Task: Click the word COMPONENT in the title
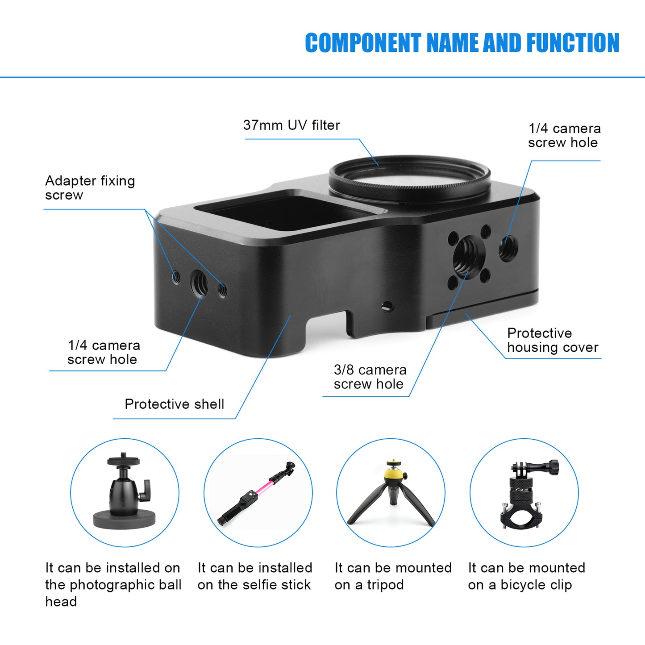click(362, 43)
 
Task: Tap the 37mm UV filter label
click(291, 125)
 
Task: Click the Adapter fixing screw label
click(90, 188)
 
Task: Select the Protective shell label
click(174, 404)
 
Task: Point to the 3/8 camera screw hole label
click(370, 377)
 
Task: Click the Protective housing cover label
click(552, 340)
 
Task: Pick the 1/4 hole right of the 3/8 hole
click(508, 248)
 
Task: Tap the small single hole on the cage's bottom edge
click(387, 306)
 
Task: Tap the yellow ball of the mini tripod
click(393, 473)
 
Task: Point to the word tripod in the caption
click(385, 585)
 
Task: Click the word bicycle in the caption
click(523, 585)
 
